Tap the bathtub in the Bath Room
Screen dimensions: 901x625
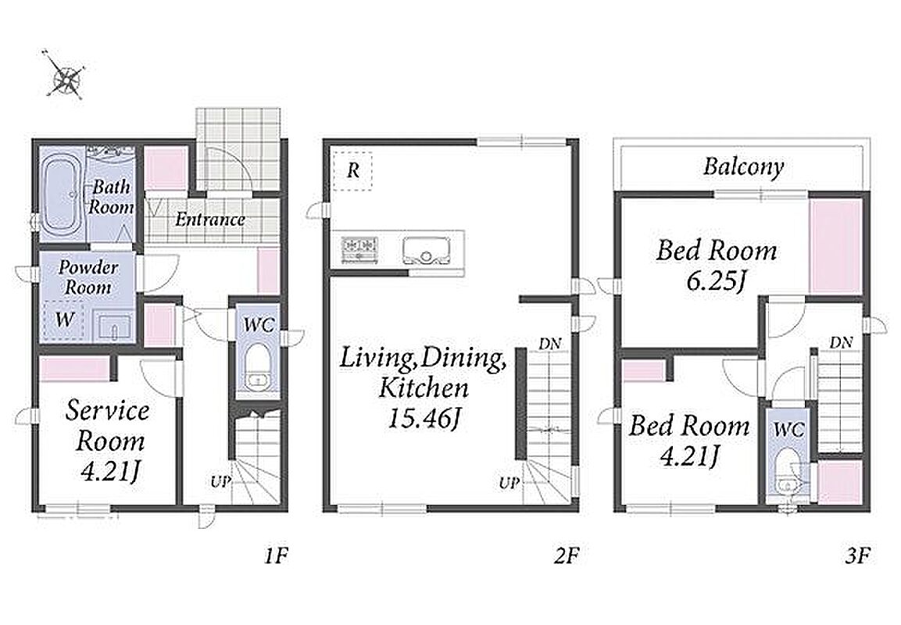61,195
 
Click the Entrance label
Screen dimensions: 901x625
209,220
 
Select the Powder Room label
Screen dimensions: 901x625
88,277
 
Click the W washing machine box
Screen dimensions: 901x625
64,320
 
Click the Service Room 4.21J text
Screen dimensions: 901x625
108,441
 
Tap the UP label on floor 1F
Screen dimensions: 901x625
220,481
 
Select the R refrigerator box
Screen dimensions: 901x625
352,170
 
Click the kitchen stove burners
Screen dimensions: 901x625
359,250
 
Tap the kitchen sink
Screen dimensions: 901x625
427,251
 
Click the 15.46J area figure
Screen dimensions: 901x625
424,418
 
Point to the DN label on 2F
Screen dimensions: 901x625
550,344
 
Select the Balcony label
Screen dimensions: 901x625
744,166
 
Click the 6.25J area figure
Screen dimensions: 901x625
715,281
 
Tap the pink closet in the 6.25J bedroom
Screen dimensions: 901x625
835,246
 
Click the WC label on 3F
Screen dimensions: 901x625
788,429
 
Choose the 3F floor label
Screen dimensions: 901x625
857,556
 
